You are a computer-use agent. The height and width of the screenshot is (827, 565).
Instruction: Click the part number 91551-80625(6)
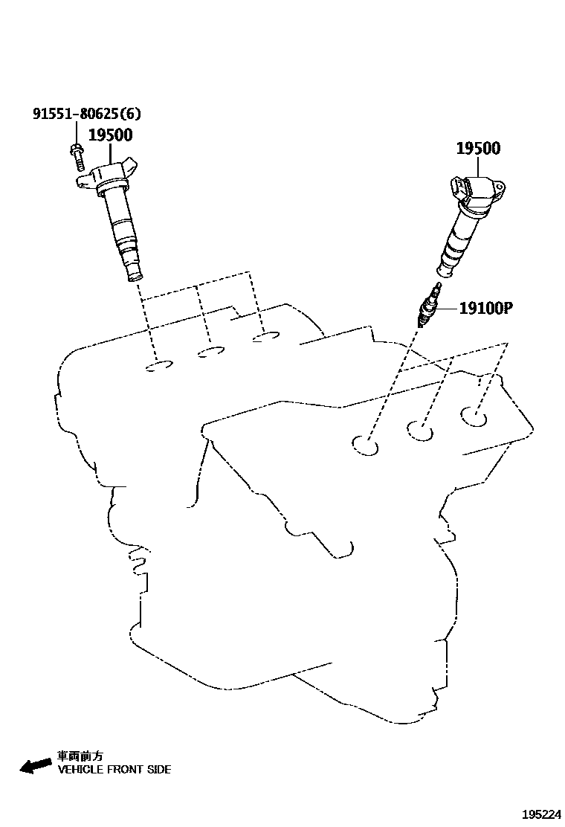tap(86, 115)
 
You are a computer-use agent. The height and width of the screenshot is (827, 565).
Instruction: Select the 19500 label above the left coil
tap(110, 135)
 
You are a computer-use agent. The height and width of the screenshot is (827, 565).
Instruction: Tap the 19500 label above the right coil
tap(478, 149)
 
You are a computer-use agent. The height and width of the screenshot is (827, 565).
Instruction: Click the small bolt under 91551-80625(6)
tap(77, 155)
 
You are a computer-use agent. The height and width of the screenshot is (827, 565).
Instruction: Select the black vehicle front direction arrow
tap(36, 766)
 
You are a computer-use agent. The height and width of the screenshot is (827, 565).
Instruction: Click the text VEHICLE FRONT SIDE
tap(114, 770)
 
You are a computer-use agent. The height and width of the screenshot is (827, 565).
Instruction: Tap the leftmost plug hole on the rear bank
tap(159, 367)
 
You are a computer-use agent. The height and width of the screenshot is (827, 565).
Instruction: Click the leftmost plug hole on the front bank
tap(366, 445)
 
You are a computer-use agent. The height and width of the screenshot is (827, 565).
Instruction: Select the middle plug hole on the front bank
tap(420, 430)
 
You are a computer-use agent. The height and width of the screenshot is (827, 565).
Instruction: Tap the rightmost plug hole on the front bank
tap(473, 416)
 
